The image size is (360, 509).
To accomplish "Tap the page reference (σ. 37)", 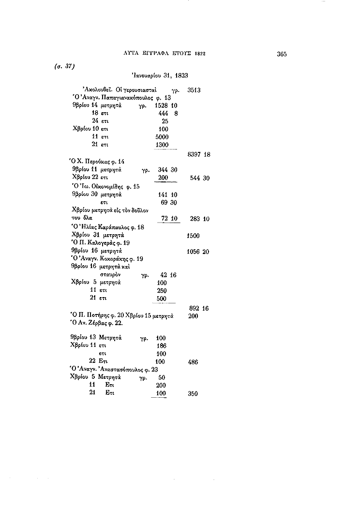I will pyautogui.click(x=65, y=67).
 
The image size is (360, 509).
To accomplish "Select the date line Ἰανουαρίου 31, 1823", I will pyautogui.click(x=160, y=75).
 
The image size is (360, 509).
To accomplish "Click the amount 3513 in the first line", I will pyautogui.click(x=194, y=90).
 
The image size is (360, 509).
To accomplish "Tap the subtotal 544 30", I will pyautogui.click(x=199, y=178).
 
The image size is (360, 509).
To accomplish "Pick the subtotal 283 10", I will pyautogui.click(x=199, y=219).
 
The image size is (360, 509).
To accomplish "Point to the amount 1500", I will pyautogui.click(x=193, y=236).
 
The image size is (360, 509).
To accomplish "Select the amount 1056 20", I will pyautogui.click(x=198, y=252).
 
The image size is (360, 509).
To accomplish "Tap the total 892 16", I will pyautogui.click(x=199, y=308).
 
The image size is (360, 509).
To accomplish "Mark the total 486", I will pyautogui.click(x=193, y=362).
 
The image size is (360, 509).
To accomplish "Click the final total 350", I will pyautogui.click(x=193, y=394).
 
